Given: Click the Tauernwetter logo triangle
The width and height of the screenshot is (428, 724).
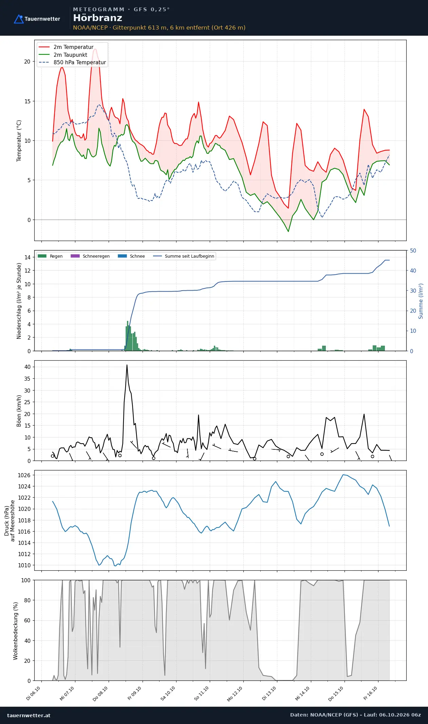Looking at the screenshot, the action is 19,19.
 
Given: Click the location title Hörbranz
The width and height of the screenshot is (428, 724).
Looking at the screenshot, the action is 97,18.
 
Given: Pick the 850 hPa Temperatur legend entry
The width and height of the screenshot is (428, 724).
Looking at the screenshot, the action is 72,63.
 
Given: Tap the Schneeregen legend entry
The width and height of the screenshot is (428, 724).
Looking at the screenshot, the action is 90,256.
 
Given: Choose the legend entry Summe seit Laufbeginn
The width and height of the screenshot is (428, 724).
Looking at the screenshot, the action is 184,256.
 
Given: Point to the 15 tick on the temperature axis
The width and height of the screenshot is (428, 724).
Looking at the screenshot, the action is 27,101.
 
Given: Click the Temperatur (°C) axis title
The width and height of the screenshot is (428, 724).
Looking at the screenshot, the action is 19,141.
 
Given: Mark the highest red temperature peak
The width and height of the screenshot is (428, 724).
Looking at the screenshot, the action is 95,49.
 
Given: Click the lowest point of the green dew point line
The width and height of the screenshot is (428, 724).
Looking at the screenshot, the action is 289,231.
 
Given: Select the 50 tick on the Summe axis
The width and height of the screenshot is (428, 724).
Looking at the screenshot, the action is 413,251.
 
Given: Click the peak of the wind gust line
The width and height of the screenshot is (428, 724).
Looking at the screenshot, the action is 127,365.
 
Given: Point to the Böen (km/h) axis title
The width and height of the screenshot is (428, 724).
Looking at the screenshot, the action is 19,411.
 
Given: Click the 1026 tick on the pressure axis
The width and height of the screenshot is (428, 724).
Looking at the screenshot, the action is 24,475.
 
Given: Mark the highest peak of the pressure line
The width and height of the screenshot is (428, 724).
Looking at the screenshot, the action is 343,475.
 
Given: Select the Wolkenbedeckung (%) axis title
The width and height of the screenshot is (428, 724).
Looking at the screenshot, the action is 16,631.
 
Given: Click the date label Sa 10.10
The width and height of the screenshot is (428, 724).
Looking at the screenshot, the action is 168,693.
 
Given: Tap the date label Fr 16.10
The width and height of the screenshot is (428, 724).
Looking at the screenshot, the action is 370,693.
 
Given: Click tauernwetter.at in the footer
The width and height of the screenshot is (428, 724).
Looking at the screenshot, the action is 29,715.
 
